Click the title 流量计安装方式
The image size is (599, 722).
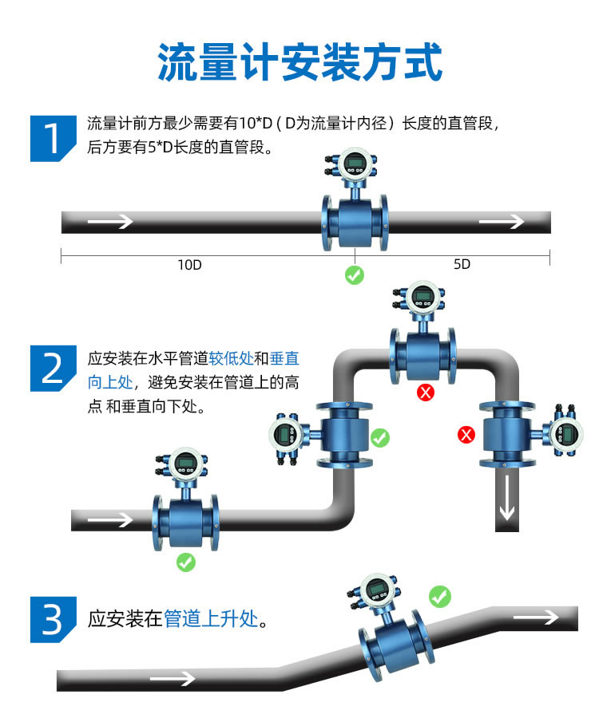299,62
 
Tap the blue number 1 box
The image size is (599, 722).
52,137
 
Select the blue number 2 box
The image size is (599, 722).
52,368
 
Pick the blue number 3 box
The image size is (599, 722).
52,618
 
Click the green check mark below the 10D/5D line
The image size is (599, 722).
354,275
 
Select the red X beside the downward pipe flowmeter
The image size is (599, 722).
466,435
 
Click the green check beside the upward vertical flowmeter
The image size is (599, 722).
380,437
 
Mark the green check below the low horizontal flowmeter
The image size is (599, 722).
185,562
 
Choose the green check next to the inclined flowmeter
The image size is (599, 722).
439,595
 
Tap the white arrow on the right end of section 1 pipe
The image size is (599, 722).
501,221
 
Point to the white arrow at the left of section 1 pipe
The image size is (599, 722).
109,221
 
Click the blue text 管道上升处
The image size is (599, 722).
211,618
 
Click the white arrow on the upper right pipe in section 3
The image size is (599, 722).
535,617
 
